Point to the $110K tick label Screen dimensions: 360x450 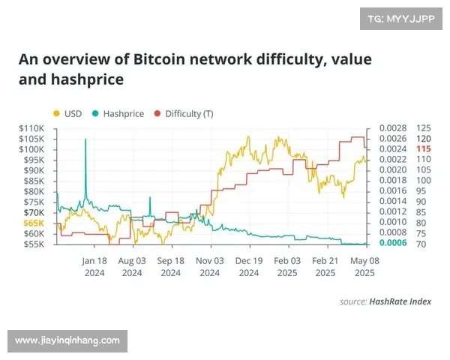pyautogui.click(x=33, y=128)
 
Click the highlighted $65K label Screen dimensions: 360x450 pyautogui.click(x=34, y=223)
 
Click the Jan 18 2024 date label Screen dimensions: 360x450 pyautogui.click(x=94, y=267)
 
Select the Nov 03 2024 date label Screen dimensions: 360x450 pyautogui.click(x=210, y=267)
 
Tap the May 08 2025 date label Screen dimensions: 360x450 pyautogui.click(x=364, y=267)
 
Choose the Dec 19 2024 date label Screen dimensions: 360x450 pyautogui.click(x=248, y=267)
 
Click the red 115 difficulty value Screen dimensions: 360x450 pyautogui.click(x=424, y=149)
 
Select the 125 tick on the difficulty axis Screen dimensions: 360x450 pyautogui.click(x=424, y=128)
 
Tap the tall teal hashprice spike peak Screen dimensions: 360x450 pyautogui.click(x=85, y=140)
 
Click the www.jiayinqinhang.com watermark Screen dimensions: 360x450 pyautogui.click(x=67, y=340)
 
